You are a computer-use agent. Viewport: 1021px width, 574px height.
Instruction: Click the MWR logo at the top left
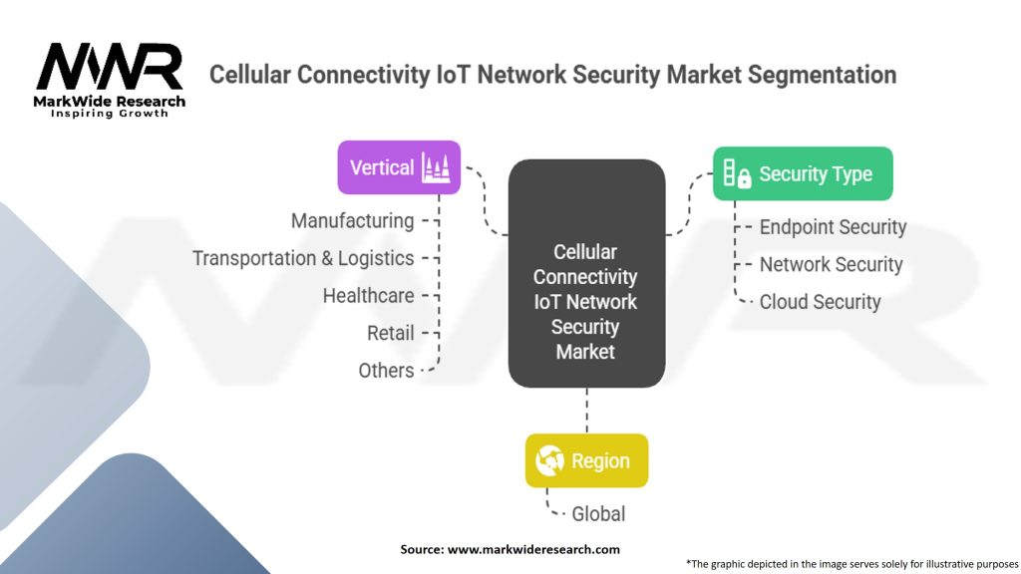[x=110, y=70]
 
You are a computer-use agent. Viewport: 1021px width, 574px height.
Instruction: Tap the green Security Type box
[x=803, y=174]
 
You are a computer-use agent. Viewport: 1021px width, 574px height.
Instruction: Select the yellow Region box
[x=586, y=460]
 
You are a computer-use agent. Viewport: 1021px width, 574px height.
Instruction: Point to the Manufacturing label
[x=352, y=220]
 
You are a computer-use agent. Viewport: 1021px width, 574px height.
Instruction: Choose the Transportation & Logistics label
[x=303, y=258]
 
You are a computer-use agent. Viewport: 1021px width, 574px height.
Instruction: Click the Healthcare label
[x=368, y=295]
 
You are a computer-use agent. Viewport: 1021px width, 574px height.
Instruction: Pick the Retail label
[x=390, y=333]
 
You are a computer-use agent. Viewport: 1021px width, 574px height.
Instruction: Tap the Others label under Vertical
[x=386, y=371]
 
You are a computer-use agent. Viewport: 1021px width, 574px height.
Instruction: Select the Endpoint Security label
[x=833, y=227]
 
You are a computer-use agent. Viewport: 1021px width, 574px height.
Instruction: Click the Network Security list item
[x=831, y=264]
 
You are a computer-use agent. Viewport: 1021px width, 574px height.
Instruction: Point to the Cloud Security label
[x=820, y=302]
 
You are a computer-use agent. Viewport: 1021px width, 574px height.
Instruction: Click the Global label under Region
[x=598, y=514]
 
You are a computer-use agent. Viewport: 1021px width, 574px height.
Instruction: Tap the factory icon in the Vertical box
[x=436, y=166]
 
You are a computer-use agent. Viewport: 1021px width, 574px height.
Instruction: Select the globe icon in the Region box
[x=550, y=460]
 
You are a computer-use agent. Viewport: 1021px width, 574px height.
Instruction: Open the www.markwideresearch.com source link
[x=533, y=549]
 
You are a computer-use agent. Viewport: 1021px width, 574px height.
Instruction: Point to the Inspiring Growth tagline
[x=110, y=114]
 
